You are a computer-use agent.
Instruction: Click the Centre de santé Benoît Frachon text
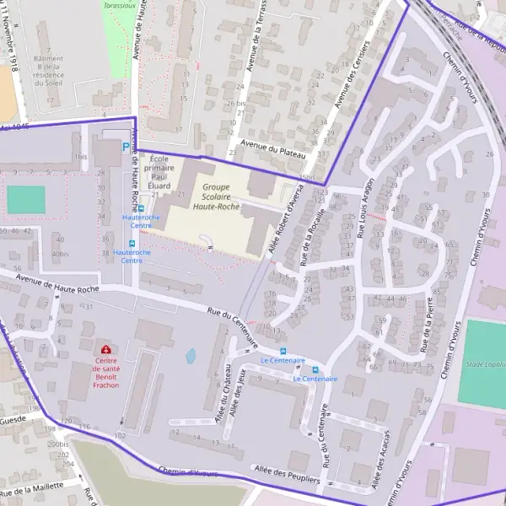click(106, 373)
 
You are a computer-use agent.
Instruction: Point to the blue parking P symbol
click(126, 146)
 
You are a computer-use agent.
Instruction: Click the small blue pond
click(191, 356)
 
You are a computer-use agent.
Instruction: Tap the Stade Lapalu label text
click(486, 364)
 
